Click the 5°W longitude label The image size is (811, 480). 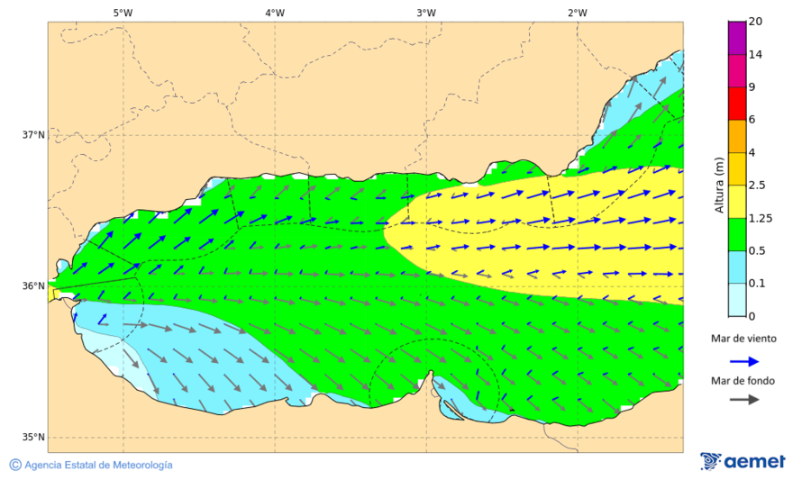pyautogui.click(x=123, y=13)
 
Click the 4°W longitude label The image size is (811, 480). pyautogui.click(x=275, y=13)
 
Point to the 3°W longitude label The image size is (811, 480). pyautogui.click(x=426, y=13)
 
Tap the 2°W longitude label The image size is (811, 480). pyautogui.click(x=578, y=13)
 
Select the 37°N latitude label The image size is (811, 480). pyautogui.click(x=33, y=135)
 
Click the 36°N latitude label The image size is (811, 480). pyautogui.click(x=33, y=286)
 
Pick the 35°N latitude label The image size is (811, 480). pyautogui.click(x=33, y=438)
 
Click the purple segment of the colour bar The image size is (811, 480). pyautogui.click(x=737, y=38)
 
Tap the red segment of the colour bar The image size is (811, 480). pyautogui.click(x=737, y=103)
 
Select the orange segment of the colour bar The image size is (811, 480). pyautogui.click(x=737, y=135)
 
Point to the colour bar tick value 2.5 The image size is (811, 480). pyautogui.click(x=757, y=186)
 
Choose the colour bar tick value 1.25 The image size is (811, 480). pyautogui.click(x=759, y=218)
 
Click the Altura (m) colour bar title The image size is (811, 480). pyautogui.click(x=719, y=186)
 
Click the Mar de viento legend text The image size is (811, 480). pyautogui.click(x=743, y=339)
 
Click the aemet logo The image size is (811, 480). pyautogui.click(x=743, y=461)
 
